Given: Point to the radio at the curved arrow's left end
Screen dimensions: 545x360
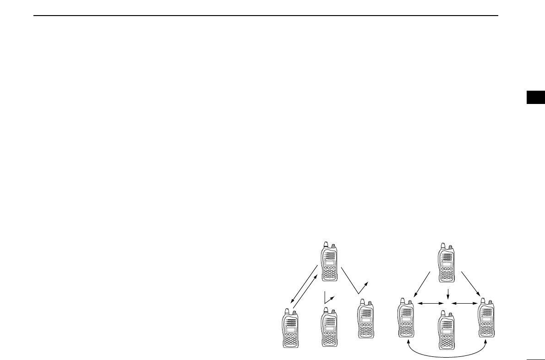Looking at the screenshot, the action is coord(406,322).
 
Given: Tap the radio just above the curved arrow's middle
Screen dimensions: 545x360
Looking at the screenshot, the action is coord(447,329).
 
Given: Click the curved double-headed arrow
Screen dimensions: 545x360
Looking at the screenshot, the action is coord(447,354).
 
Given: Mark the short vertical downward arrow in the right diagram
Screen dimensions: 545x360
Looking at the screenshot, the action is coord(447,293).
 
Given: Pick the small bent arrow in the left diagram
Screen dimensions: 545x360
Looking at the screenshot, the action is coord(328,298).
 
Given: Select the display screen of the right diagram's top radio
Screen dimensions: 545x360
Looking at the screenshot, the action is coord(446,265).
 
